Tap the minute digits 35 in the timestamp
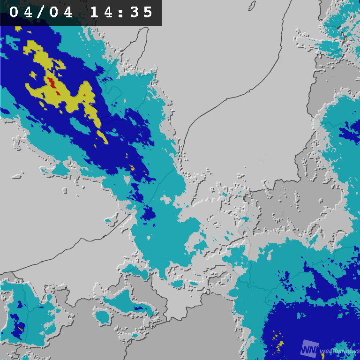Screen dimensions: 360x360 pyautogui.click(x=142, y=12)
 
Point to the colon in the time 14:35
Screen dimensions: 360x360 pyautogui.click(x=122, y=12)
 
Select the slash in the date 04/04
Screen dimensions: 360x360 pyautogui.click(x=42, y=12)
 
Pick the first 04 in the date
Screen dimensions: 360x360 pyautogui.click(x=21, y=12)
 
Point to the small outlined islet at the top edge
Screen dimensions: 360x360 pyautogui.click(x=251, y=5)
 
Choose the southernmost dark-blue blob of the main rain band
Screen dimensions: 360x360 pyautogui.click(x=148, y=214)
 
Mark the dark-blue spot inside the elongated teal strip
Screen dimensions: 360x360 pyautogui.click(x=138, y=308)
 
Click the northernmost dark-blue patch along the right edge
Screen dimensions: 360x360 pyautogui.click(x=350, y=134)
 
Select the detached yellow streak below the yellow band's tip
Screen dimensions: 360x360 pyautogui.click(x=102, y=137)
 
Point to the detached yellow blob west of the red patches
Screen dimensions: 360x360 pyautogui.click(x=33, y=74)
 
